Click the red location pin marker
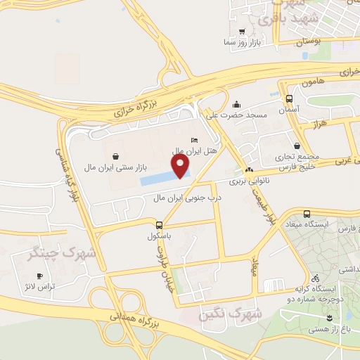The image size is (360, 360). [181, 166]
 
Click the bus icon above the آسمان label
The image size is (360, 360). [289, 99]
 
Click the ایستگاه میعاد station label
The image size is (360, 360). [306, 224]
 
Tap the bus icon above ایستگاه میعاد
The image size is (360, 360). [306, 214]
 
